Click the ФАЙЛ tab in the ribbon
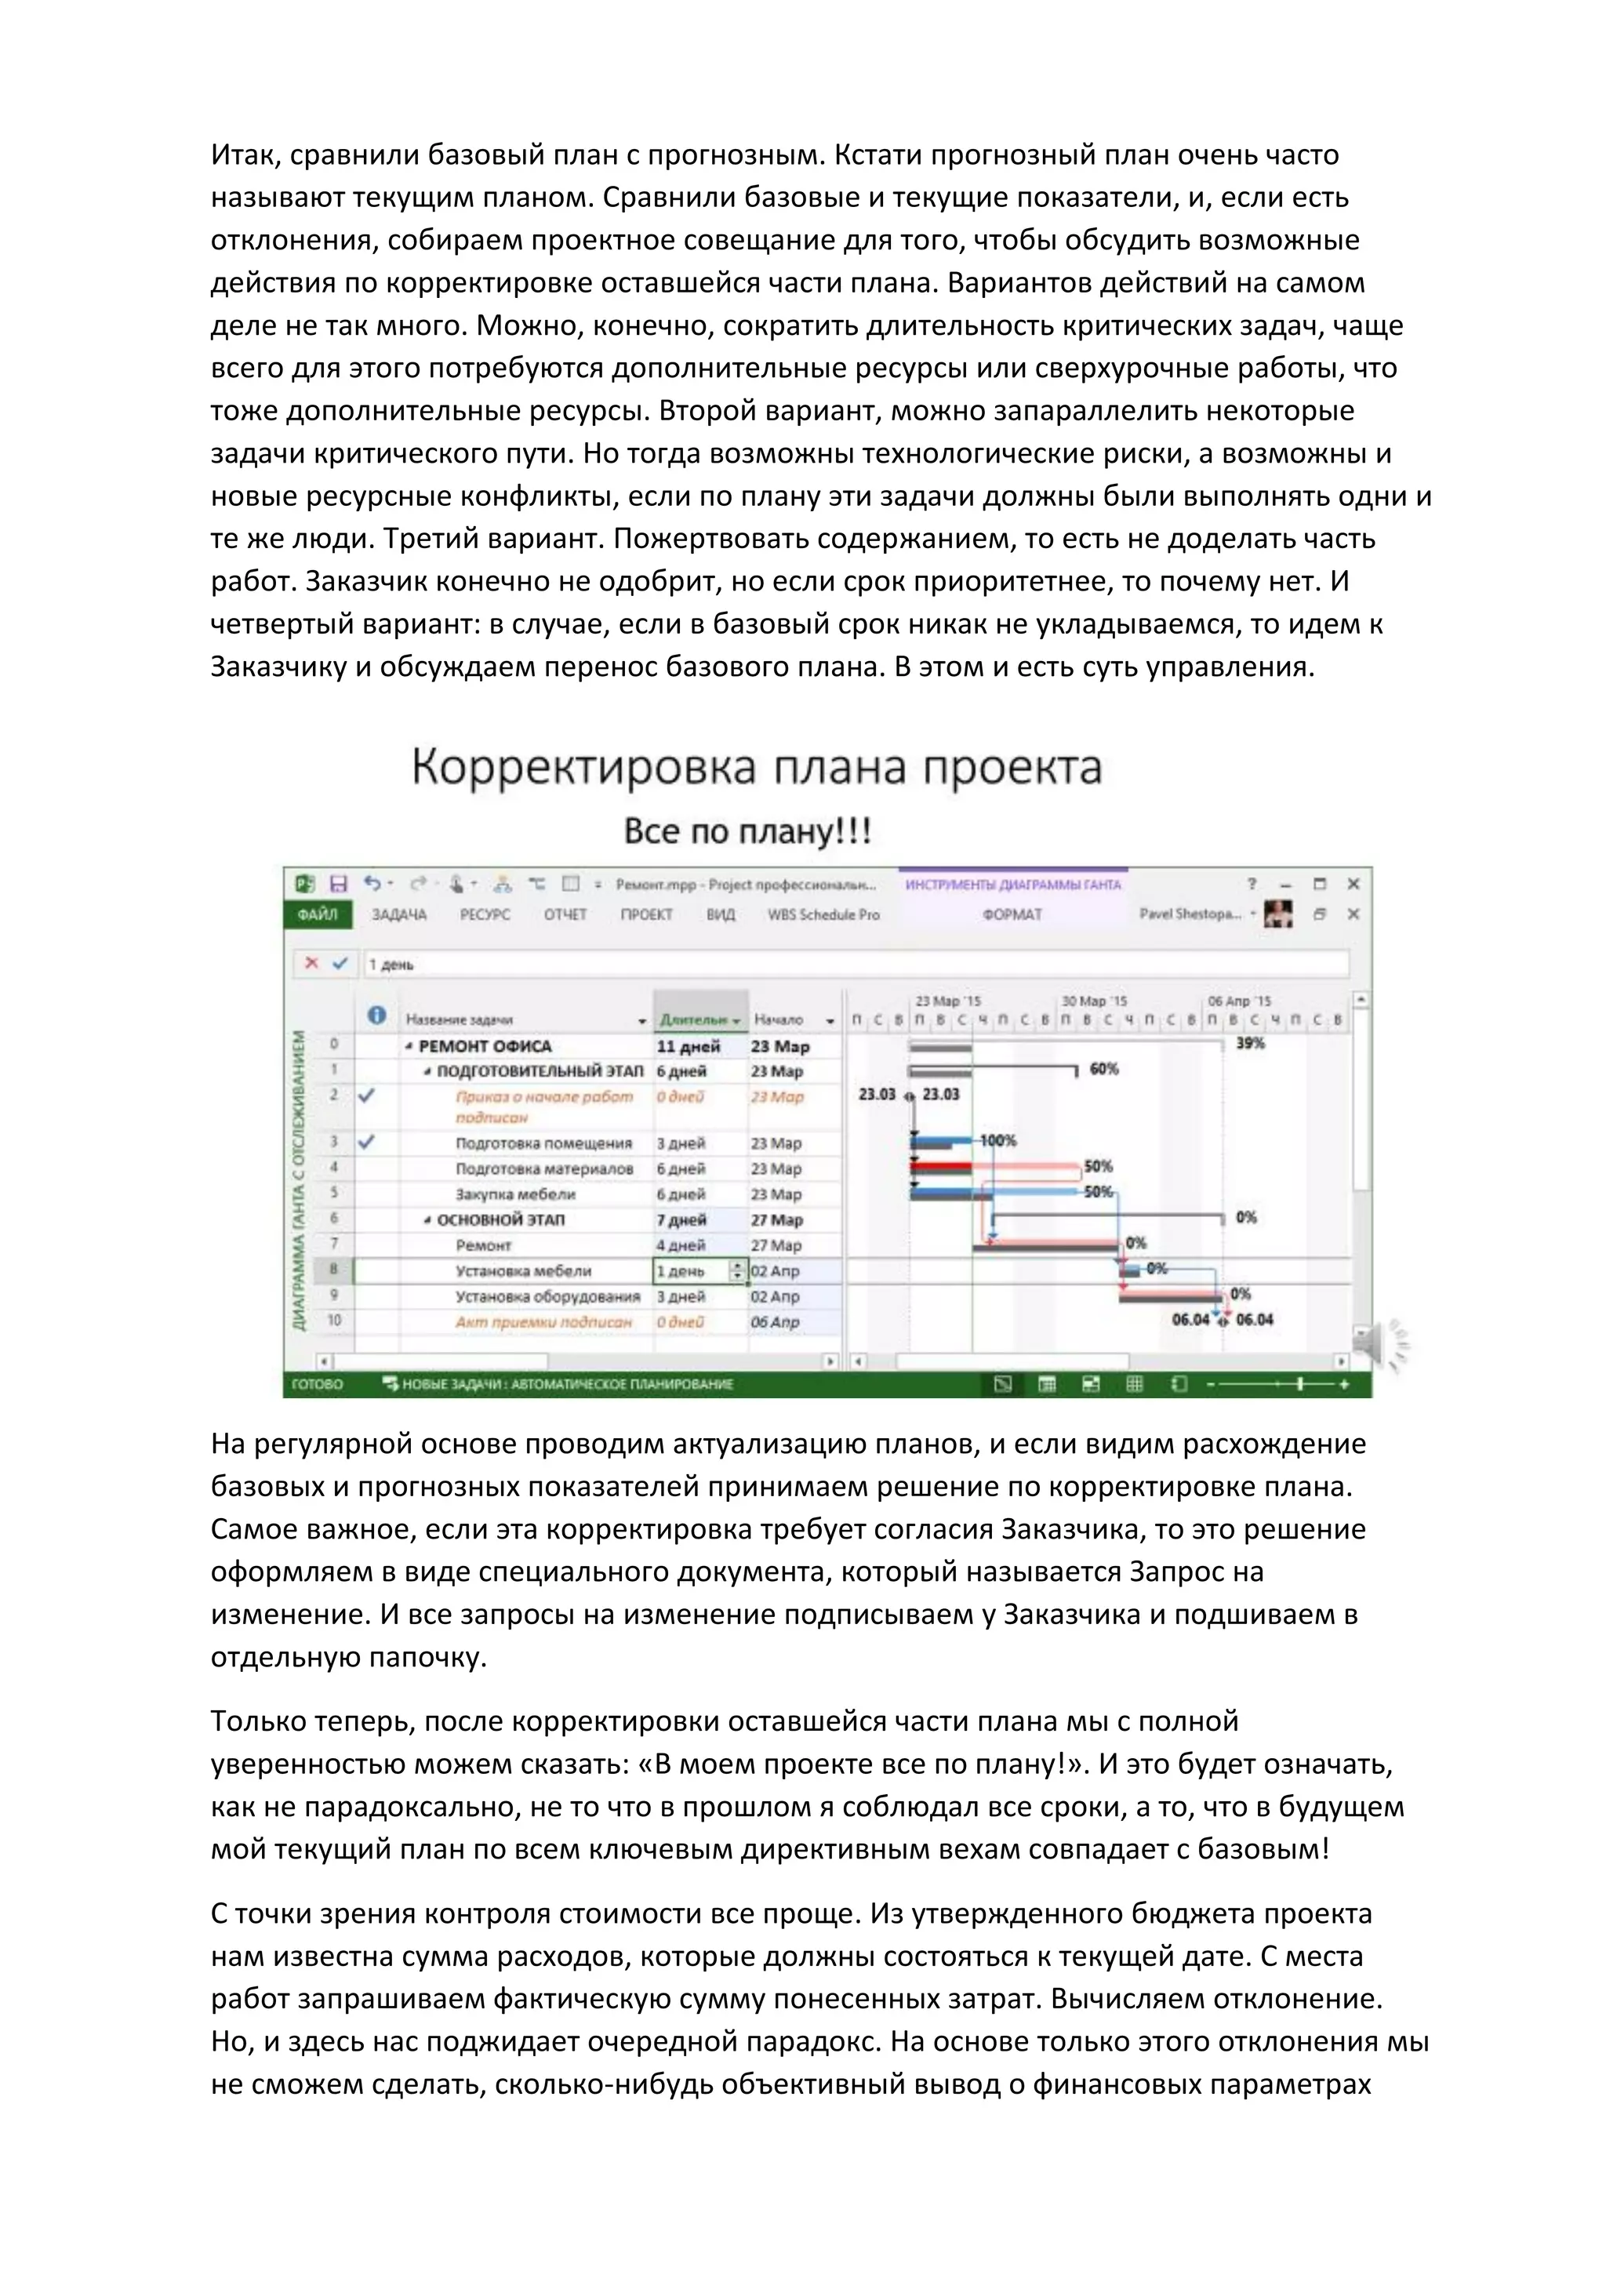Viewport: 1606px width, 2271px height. (x=318, y=914)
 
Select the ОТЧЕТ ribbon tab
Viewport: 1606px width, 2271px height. (x=565, y=914)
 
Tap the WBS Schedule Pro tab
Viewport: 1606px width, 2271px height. (x=823, y=914)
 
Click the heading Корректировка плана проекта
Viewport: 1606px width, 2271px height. (x=757, y=769)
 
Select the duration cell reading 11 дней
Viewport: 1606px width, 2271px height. (x=689, y=1046)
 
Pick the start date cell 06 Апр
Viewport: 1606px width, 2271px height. (x=774, y=1321)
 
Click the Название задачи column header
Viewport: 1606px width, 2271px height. (x=460, y=1019)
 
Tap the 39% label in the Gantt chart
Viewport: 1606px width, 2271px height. (x=1250, y=1044)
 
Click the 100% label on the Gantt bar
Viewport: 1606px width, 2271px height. (x=997, y=1140)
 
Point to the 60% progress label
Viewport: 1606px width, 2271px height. (x=1103, y=1069)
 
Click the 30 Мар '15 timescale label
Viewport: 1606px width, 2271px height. (x=1094, y=1001)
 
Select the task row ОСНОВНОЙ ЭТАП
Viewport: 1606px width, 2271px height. (x=500, y=1219)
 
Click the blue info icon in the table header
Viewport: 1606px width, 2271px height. (x=376, y=1016)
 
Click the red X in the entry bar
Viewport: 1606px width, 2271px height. (x=311, y=964)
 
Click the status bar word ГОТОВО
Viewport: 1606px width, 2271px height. (x=318, y=1384)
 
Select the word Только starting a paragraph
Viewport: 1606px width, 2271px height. (x=259, y=1721)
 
